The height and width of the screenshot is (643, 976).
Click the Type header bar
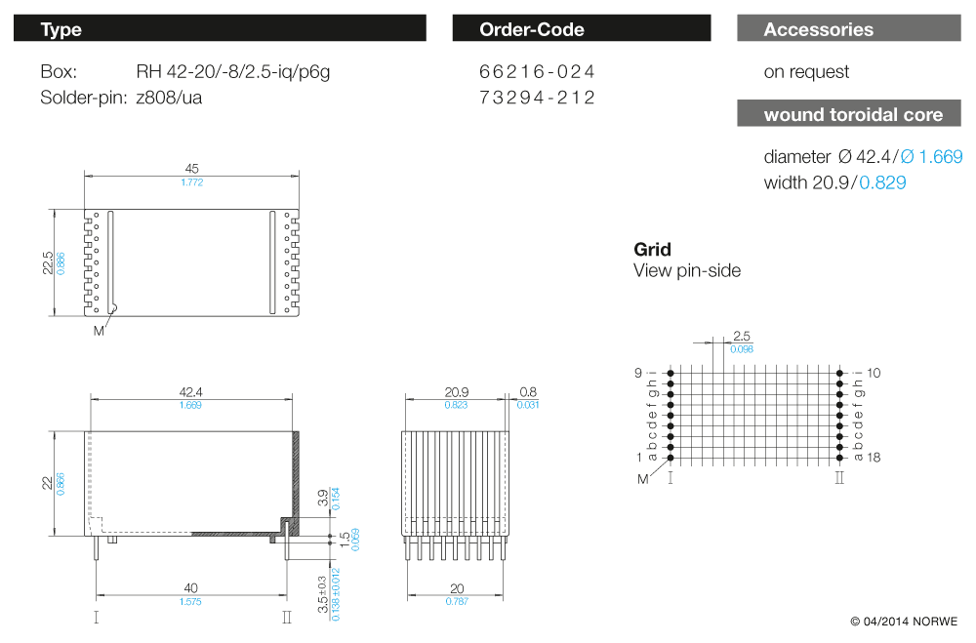click(220, 28)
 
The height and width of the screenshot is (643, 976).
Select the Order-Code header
click(582, 28)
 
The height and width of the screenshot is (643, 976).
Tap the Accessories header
click(849, 28)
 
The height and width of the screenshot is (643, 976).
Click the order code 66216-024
click(537, 71)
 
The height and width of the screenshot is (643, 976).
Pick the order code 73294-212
click(537, 98)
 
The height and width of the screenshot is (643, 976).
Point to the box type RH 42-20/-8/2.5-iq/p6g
click(233, 72)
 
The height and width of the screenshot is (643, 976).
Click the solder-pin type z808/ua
click(169, 98)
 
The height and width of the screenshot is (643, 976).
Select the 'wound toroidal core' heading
click(849, 114)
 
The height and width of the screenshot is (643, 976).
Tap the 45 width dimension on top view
click(191, 169)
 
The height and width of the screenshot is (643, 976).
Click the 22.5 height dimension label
click(47, 262)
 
